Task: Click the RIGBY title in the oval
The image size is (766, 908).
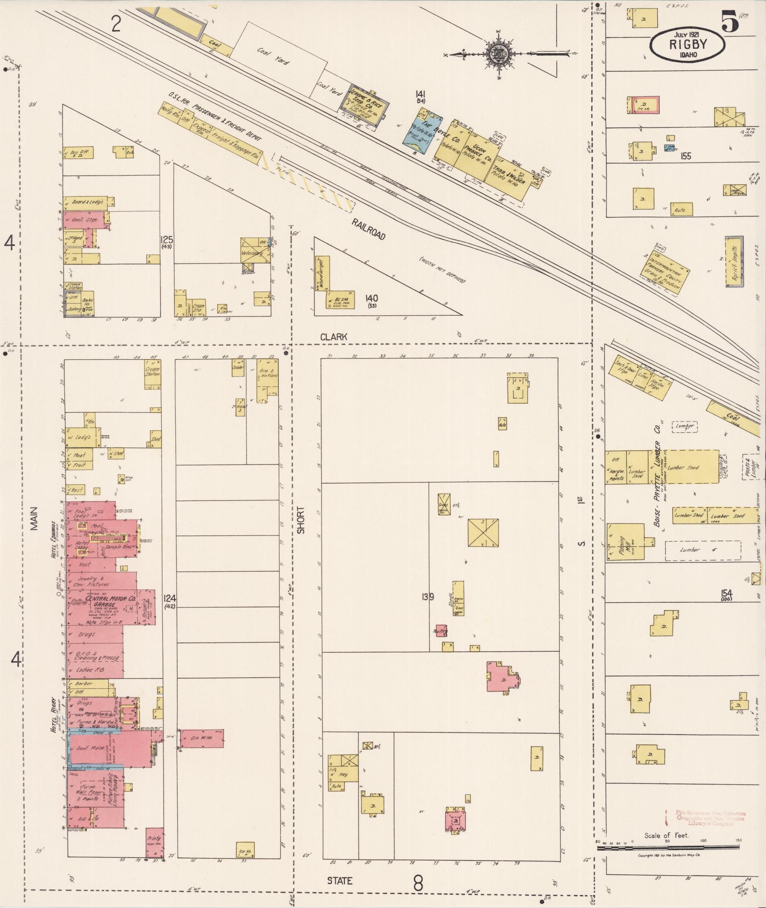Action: tap(688, 45)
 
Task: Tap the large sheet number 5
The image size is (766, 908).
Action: tap(730, 21)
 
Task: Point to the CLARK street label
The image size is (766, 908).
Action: tap(333, 337)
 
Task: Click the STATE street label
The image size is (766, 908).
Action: tap(340, 880)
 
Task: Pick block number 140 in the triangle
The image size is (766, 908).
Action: tap(371, 298)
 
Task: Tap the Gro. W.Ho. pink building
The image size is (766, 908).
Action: tap(201, 738)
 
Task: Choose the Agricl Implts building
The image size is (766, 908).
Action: tap(733, 262)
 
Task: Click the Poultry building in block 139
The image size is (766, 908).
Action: tap(441, 631)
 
